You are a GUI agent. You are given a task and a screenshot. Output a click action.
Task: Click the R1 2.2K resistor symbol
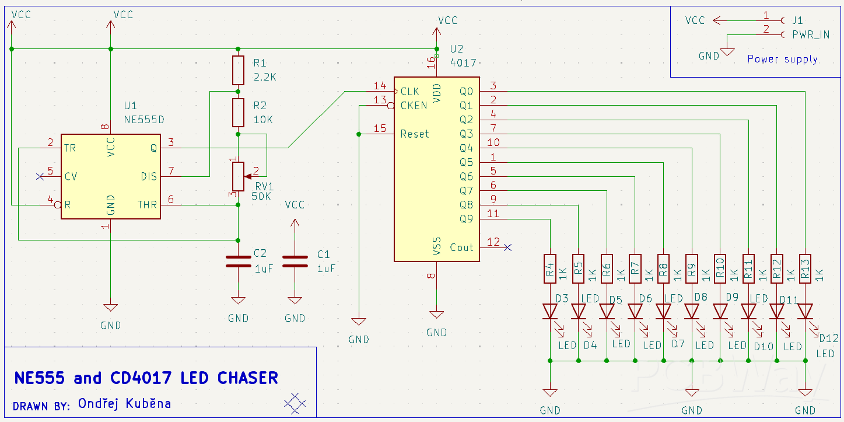click(238, 70)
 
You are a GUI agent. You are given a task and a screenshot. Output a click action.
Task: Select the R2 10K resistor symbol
click(238, 113)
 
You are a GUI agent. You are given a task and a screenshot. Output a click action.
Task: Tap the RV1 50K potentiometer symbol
click(238, 176)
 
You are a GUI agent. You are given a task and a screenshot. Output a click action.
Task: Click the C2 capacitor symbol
click(238, 261)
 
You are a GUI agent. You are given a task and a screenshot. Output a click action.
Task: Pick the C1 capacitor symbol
click(295, 261)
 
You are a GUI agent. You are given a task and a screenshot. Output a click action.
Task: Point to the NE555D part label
click(144, 120)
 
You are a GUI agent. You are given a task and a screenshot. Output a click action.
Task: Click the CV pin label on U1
click(71, 176)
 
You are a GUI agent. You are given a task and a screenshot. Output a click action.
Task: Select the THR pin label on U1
click(147, 205)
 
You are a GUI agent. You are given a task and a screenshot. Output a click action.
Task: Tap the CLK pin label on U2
click(410, 92)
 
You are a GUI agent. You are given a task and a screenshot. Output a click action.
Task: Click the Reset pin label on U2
click(415, 134)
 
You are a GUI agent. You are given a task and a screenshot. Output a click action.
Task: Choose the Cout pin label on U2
click(461, 247)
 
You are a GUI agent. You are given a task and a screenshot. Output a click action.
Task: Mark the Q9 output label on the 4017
click(466, 219)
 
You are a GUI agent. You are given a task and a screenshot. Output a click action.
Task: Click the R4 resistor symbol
click(550, 268)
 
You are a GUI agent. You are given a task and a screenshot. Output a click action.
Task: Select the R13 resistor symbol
click(806, 268)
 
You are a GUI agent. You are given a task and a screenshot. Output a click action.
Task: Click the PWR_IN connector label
click(811, 35)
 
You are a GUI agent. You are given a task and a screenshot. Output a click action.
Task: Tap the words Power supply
click(782, 59)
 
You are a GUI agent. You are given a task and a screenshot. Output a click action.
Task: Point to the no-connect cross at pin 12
click(507, 247)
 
